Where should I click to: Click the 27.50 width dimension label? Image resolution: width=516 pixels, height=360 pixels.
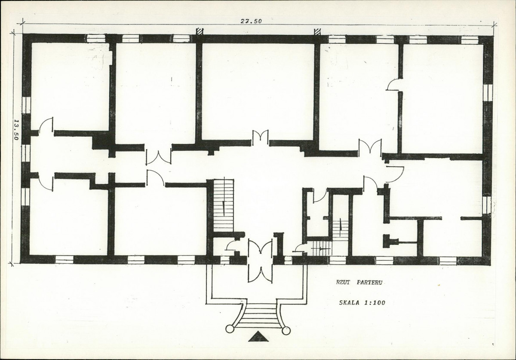[252, 21]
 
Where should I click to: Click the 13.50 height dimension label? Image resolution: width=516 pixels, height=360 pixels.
[16, 130]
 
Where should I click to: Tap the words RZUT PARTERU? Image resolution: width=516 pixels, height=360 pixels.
[359, 283]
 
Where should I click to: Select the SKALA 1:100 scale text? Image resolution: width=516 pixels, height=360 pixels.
[362, 303]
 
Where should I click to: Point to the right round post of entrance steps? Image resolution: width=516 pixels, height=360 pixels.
[286, 331]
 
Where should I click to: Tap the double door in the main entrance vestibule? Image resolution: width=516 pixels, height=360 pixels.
[260, 248]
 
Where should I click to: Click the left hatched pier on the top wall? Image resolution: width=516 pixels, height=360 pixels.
[199, 31]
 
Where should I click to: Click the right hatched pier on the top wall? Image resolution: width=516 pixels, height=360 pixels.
[318, 31]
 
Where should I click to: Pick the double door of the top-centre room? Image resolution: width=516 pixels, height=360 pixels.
[260, 138]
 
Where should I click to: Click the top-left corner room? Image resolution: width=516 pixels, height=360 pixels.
[70, 87]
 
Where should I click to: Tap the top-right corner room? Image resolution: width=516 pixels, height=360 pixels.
[442, 98]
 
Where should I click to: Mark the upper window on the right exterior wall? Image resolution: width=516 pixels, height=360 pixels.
[488, 93]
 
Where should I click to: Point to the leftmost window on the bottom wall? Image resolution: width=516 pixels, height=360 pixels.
[64, 259]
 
